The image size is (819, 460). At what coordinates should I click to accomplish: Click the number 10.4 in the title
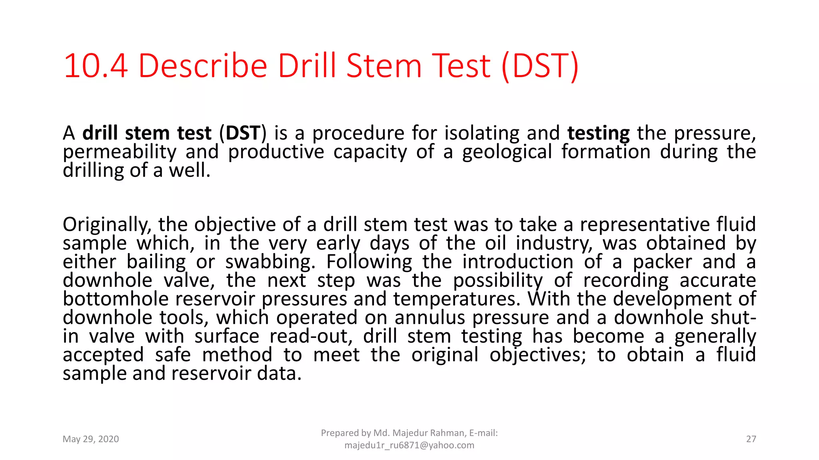point(96,66)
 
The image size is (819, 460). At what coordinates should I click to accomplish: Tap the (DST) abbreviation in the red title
point(540,66)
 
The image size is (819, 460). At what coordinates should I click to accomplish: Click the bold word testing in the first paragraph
point(598,133)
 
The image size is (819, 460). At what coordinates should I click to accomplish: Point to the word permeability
point(120,152)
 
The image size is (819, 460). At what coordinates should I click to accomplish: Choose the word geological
point(507,152)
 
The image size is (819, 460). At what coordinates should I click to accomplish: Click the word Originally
point(107,225)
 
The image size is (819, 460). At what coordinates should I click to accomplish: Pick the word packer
point(662,262)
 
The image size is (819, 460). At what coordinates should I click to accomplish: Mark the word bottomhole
point(116,299)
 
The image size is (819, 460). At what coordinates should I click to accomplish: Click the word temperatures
point(457,299)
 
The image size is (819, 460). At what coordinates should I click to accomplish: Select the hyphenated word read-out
point(311,336)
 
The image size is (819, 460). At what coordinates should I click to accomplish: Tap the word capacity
point(370,152)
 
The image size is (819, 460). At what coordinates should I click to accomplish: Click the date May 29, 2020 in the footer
point(91,439)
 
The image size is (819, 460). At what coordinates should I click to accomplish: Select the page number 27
point(751,439)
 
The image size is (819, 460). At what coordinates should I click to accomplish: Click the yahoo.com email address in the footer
point(409,445)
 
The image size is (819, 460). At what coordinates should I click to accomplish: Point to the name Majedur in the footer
point(410,433)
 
